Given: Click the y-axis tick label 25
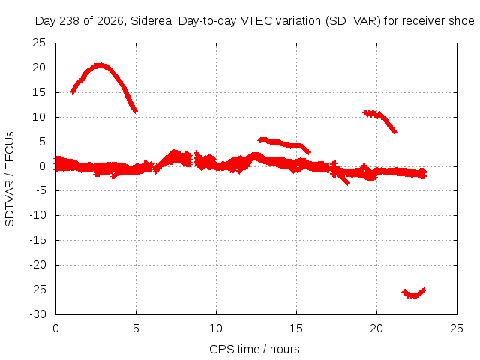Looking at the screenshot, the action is point(39,43).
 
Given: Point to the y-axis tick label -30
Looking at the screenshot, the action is point(37,314).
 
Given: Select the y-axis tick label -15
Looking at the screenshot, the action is point(37,240).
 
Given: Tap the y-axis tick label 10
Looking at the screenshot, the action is point(39,117).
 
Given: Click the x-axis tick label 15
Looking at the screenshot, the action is point(296,328).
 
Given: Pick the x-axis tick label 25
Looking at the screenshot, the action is point(457,328).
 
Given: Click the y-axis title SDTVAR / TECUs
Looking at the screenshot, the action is point(10,179).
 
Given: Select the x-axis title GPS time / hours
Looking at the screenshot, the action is point(254,349).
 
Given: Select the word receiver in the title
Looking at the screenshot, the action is point(423,21).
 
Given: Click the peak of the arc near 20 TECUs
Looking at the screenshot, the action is point(100,65).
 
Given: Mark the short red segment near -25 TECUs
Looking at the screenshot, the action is point(414,293).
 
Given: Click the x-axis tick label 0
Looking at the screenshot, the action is point(55,328).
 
